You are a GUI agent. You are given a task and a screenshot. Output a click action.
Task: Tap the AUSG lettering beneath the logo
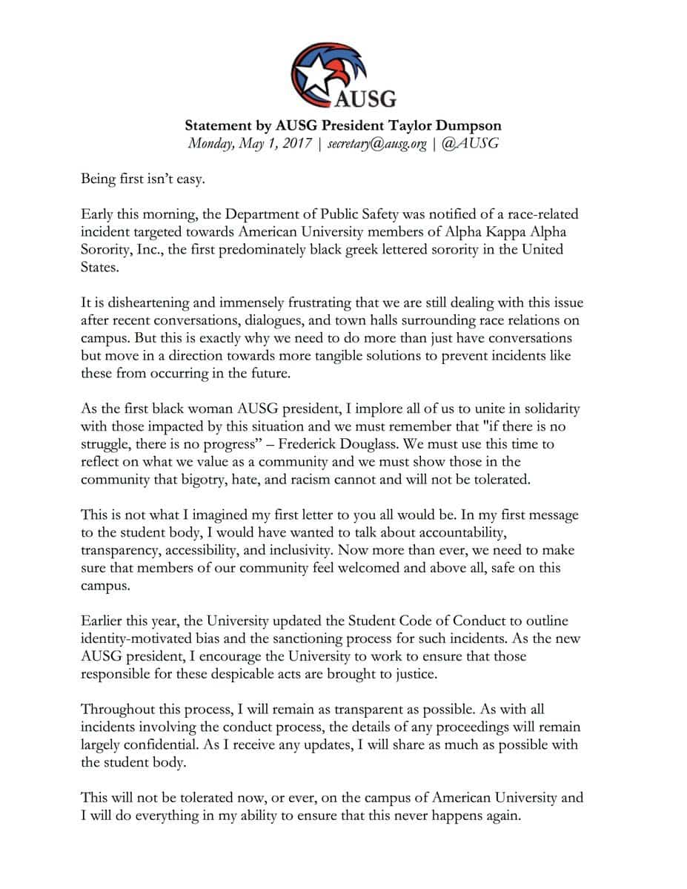[366, 98]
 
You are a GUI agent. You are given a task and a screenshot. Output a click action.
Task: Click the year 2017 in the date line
[293, 143]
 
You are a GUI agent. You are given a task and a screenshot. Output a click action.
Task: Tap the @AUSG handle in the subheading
[469, 143]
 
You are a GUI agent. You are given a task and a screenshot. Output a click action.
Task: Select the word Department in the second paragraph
[268, 215]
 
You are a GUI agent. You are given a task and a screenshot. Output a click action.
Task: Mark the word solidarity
[543, 409]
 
